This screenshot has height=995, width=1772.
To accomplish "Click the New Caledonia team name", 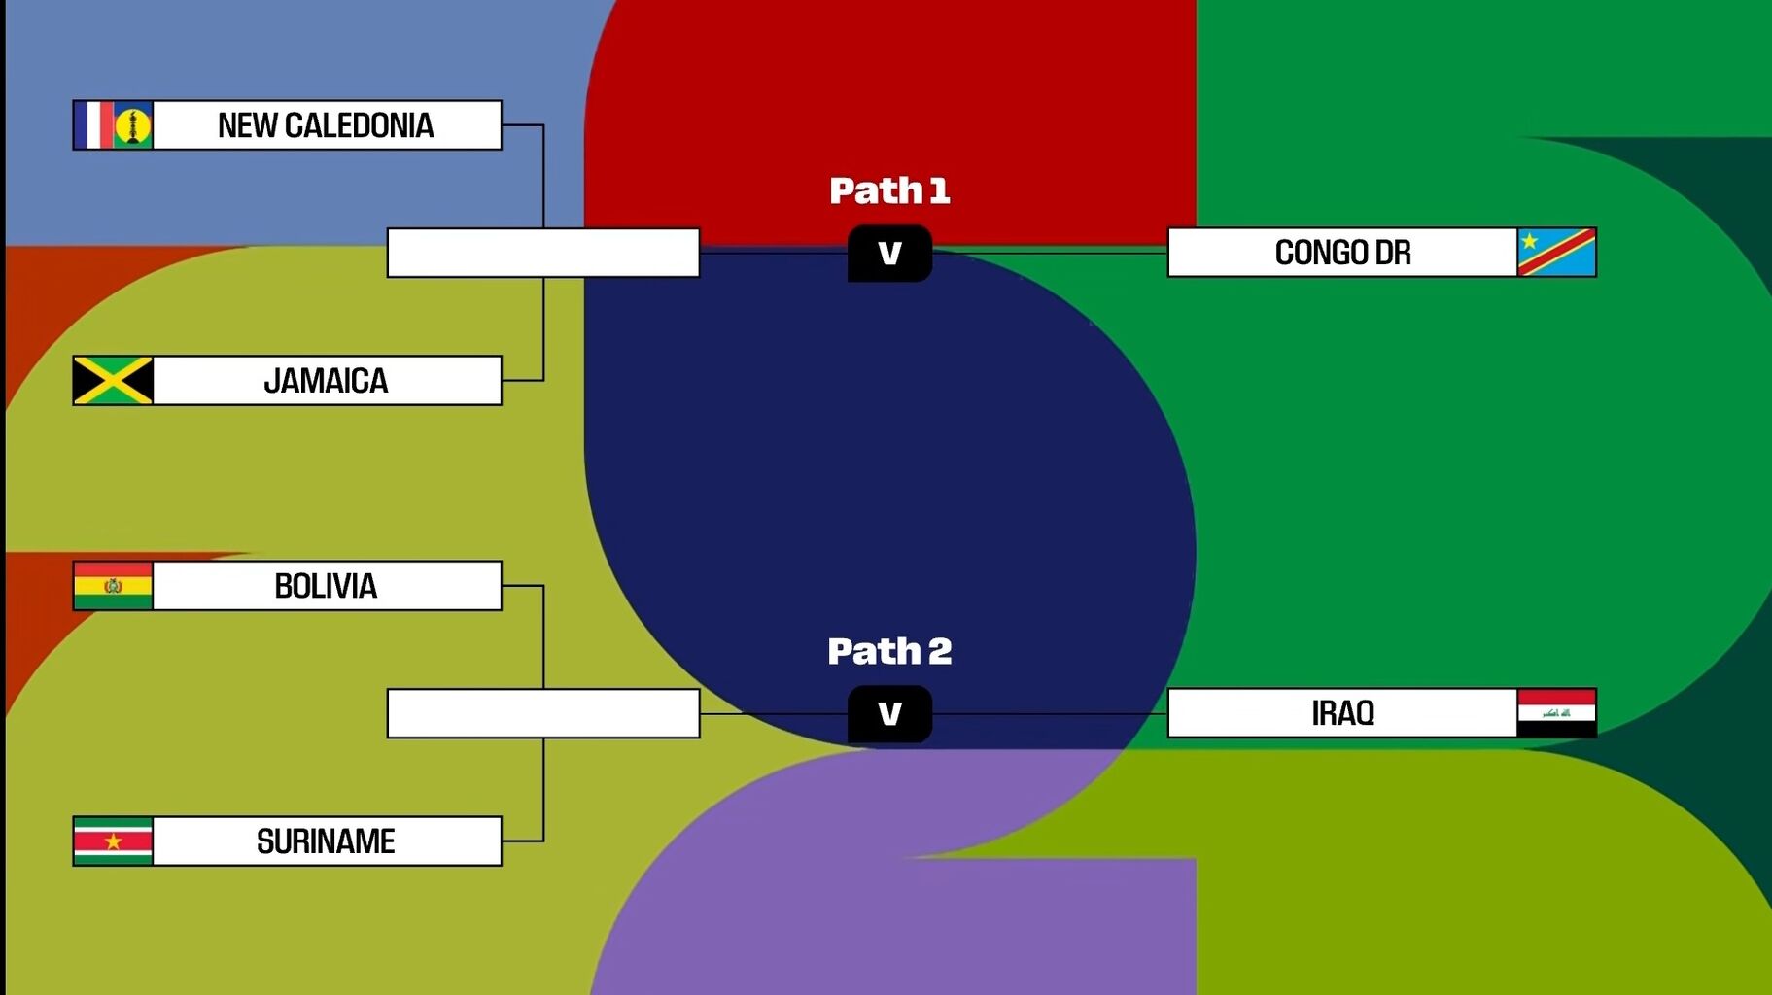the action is coord(326,125).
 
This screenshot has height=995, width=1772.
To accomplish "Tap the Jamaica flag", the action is coord(113,380).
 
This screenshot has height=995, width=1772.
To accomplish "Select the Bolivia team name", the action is coord(326,586).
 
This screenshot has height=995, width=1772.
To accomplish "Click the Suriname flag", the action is coord(113,841).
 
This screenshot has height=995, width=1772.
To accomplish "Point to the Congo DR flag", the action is coord(1556,253).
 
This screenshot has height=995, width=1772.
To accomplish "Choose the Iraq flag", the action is coord(1556,713).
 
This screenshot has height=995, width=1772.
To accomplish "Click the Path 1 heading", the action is coord(888,190).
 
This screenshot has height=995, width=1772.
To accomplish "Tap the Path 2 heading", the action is coord(888,651).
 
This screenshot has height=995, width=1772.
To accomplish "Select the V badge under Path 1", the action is coord(889,254).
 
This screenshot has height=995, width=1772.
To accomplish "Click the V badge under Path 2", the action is coord(889,714).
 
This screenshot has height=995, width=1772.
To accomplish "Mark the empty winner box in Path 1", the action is coord(542,253).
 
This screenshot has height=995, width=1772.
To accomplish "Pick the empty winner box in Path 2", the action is coord(542,713).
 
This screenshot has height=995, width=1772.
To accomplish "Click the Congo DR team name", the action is coord(1342,253).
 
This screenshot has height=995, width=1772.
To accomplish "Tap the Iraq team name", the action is coord(1342,713).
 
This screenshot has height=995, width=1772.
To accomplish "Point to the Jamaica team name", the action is coord(326,380).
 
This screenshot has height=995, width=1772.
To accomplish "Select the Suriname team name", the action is coord(326,841).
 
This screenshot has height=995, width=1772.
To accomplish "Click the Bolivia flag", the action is coord(113,586).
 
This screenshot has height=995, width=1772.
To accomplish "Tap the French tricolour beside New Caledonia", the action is coord(94,125).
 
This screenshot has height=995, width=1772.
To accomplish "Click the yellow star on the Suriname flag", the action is coord(114,841).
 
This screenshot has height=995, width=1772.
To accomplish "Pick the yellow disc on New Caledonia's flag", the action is coord(132,126).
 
